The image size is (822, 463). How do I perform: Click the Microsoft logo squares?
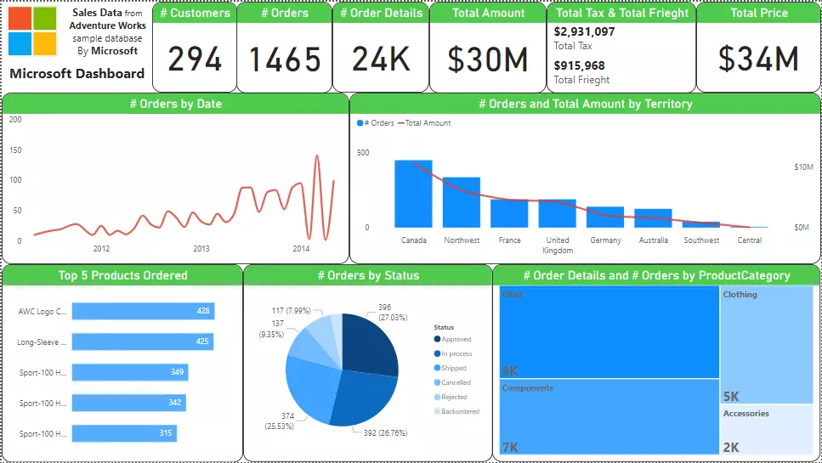click(x=32, y=31)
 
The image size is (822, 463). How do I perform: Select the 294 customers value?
click(x=195, y=59)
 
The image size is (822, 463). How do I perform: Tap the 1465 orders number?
click(x=285, y=59)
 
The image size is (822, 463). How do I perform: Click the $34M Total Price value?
click(x=758, y=59)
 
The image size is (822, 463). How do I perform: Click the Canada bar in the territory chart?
click(x=413, y=194)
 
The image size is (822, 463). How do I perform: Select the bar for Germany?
click(x=605, y=217)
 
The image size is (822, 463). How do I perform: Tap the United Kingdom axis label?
click(x=558, y=246)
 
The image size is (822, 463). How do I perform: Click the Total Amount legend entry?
click(x=428, y=123)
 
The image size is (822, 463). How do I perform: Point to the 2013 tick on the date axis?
click(x=201, y=249)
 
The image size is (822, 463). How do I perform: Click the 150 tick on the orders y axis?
click(x=15, y=150)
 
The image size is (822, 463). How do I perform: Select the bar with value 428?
click(x=143, y=311)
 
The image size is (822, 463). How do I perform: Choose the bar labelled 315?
click(x=125, y=433)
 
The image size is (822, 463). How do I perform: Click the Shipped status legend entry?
click(x=454, y=368)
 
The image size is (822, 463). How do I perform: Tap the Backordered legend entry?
click(x=460, y=411)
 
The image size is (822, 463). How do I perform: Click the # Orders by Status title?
click(x=368, y=275)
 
